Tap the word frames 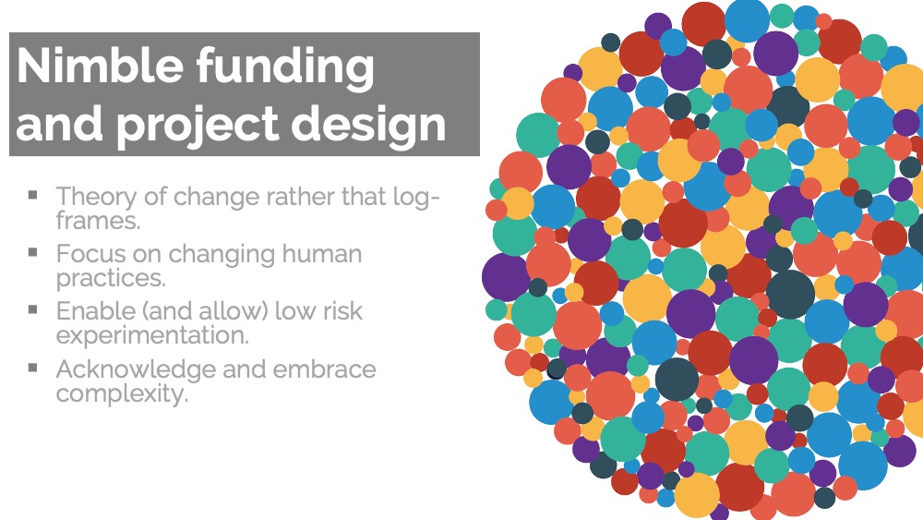pyautogui.click(x=99, y=221)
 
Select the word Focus pyautogui.click(x=91, y=254)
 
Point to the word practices pyautogui.click(x=112, y=278)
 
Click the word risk pyautogui.click(x=342, y=310)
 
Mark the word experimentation pyautogui.click(x=152, y=335)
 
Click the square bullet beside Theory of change pyautogui.click(x=33, y=194)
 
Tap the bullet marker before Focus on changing pyautogui.click(x=33, y=252)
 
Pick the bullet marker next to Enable pyautogui.click(x=33, y=309)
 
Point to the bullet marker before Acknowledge pyautogui.click(x=33, y=368)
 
